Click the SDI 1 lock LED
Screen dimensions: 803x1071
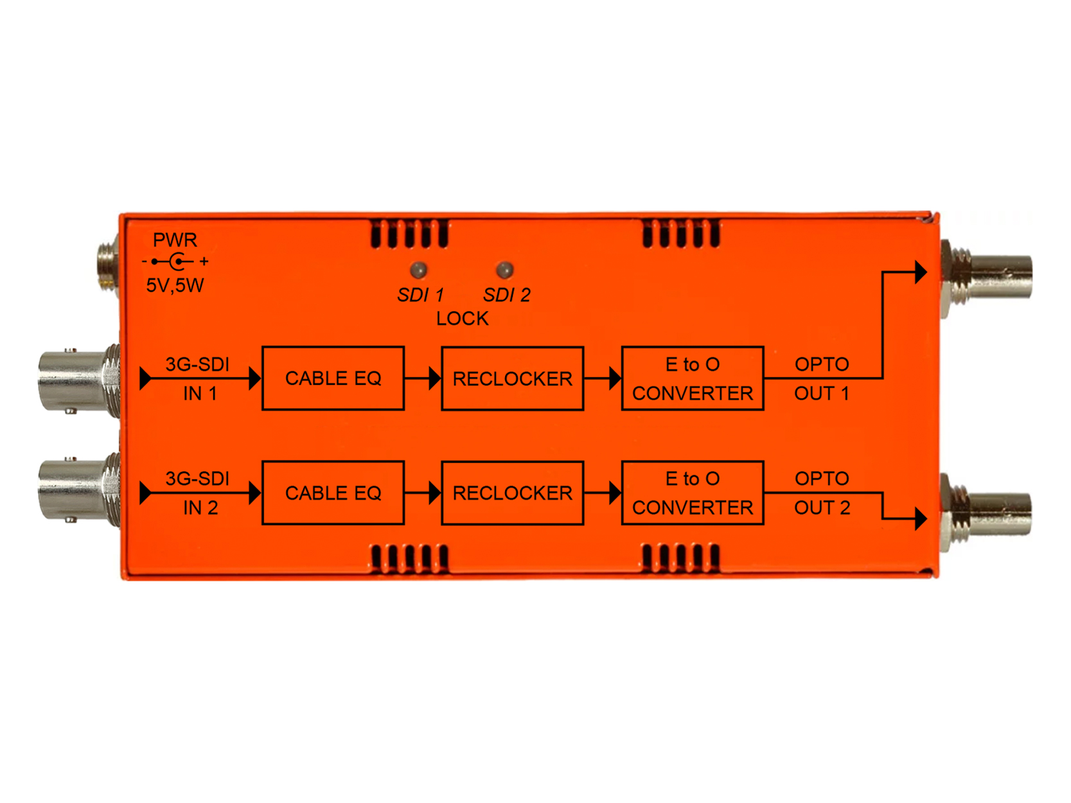pyautogui.click(x=418, y=270)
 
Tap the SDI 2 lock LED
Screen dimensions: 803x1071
pyautogui.click(x=505, y=270)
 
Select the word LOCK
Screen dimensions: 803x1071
pyautogui.click(x=462, y=319)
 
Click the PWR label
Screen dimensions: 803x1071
pyautogui.click(x=175, y=240)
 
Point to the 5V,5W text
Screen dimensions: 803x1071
pyautogui.click(x=175, y=285)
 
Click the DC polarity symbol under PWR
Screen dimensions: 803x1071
pyautogui.click(x=175, y=261)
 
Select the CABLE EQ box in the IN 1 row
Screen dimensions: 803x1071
pyautogui.click(x=333, y=378)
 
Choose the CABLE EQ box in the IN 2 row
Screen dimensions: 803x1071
pyautogui.click(x=333, y=493)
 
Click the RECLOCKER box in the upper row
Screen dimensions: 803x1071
pyautogui.click(x=512, y=378)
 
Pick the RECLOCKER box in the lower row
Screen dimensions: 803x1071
pyautogui.click(x=512, y=493)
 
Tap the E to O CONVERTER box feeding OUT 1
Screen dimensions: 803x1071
pyautogui.click(x=692, y=378)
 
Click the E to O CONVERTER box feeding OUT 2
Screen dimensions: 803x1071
pyautogui.click(x=692, y=493)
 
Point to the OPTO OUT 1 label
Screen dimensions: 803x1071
pyautogui.click(x=822, y=378)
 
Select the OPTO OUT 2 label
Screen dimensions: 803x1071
pyautogui.click(x=822, y=493)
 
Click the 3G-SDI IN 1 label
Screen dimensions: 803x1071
pyautogui.click(x=199, y=378)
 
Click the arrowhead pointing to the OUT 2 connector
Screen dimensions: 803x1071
pyautogui.click(x=920, y=518)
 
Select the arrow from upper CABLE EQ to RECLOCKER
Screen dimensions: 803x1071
pyautogui.click(x=423, y=378)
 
